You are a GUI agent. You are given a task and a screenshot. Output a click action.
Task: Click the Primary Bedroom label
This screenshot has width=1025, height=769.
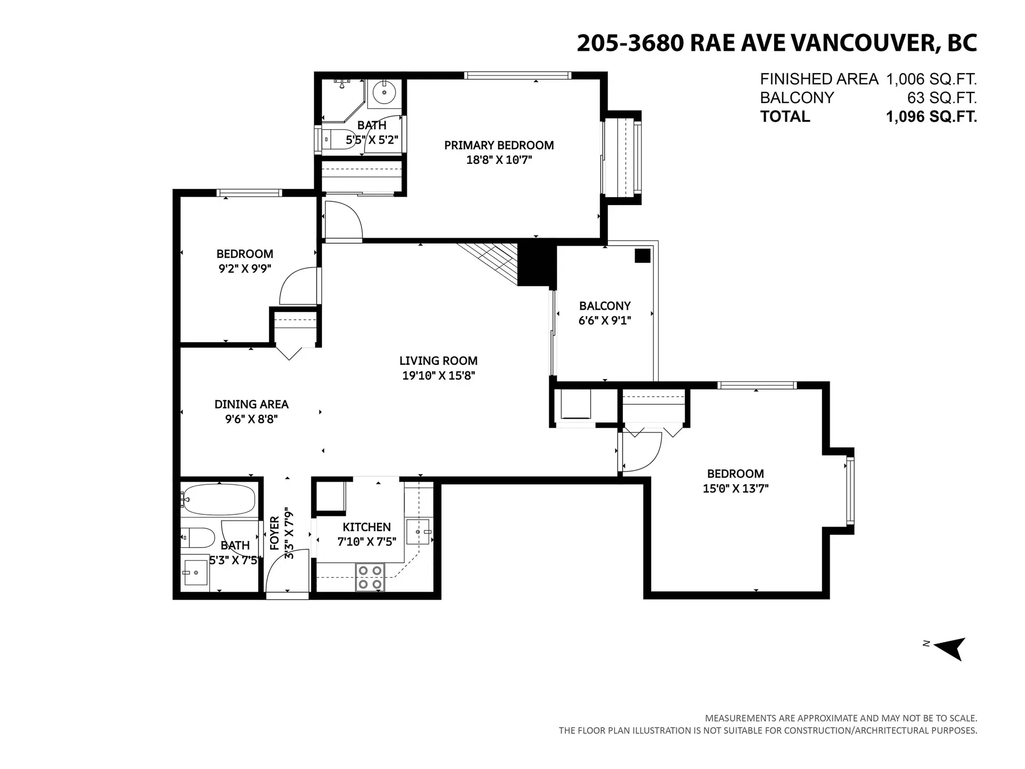point(499,145)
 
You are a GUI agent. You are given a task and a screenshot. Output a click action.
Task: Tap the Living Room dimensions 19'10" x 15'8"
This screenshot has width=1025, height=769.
point(438,375)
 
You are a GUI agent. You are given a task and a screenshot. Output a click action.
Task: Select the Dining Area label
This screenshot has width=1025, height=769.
point(251,404)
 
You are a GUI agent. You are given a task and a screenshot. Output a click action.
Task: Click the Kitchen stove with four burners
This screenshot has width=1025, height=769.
point(370,577)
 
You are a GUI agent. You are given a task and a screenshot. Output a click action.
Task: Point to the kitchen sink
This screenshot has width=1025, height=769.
point(417,531)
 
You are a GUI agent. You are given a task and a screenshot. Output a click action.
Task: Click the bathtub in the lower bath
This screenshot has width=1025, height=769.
point(219,499)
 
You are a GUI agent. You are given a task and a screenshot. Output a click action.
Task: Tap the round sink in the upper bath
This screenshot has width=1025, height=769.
point(383,93)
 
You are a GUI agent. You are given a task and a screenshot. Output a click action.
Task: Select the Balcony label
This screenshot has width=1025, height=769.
point(605,306)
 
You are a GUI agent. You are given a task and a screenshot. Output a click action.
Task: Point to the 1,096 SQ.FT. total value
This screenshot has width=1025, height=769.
point(931,116)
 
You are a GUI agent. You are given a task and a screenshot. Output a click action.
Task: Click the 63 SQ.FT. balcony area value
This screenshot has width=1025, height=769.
point(942,98)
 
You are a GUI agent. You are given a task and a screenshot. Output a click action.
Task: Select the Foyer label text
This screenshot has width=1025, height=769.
point(274,533)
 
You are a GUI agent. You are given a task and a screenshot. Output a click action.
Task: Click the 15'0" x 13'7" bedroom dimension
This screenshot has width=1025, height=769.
point(735,488)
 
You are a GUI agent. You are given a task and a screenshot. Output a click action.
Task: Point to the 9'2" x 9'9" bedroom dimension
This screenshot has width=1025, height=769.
point(245,269)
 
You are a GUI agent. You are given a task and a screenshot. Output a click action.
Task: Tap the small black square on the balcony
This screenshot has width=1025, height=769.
point(642,256)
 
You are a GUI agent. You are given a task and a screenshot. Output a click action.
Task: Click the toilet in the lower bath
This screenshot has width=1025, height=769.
point(198,537)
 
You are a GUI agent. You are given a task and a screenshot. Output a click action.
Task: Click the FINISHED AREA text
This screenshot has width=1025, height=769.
point(818,79)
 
